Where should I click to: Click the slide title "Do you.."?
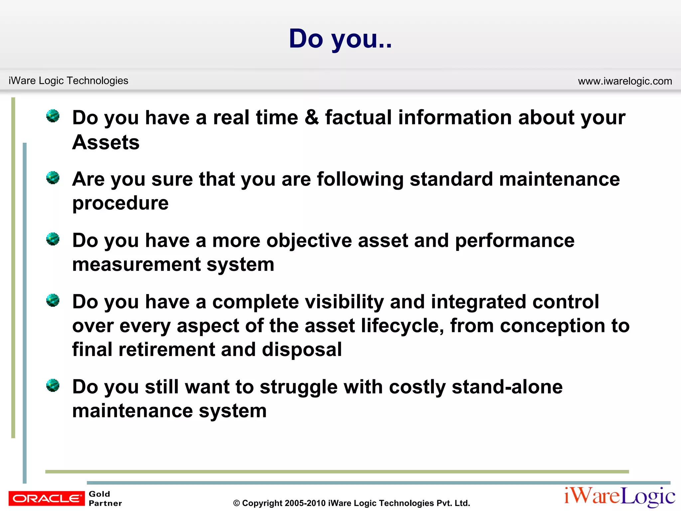[x=340, y=39]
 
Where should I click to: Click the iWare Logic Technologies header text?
[x=68, y=81]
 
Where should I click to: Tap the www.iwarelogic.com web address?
[x=625, y=81]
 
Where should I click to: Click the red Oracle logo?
[x=47, y=498]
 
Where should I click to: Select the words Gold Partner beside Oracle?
[x=105, y=498]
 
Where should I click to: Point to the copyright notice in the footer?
[x=351, y=503]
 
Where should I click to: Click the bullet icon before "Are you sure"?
[x=53, y=178]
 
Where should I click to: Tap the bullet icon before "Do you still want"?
[x=53, y=386]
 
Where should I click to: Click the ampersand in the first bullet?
[x=311, y=117]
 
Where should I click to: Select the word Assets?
[x=106, y=142]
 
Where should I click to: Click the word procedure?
[x=120, y=203]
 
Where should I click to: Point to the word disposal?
[x=302, y=350]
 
